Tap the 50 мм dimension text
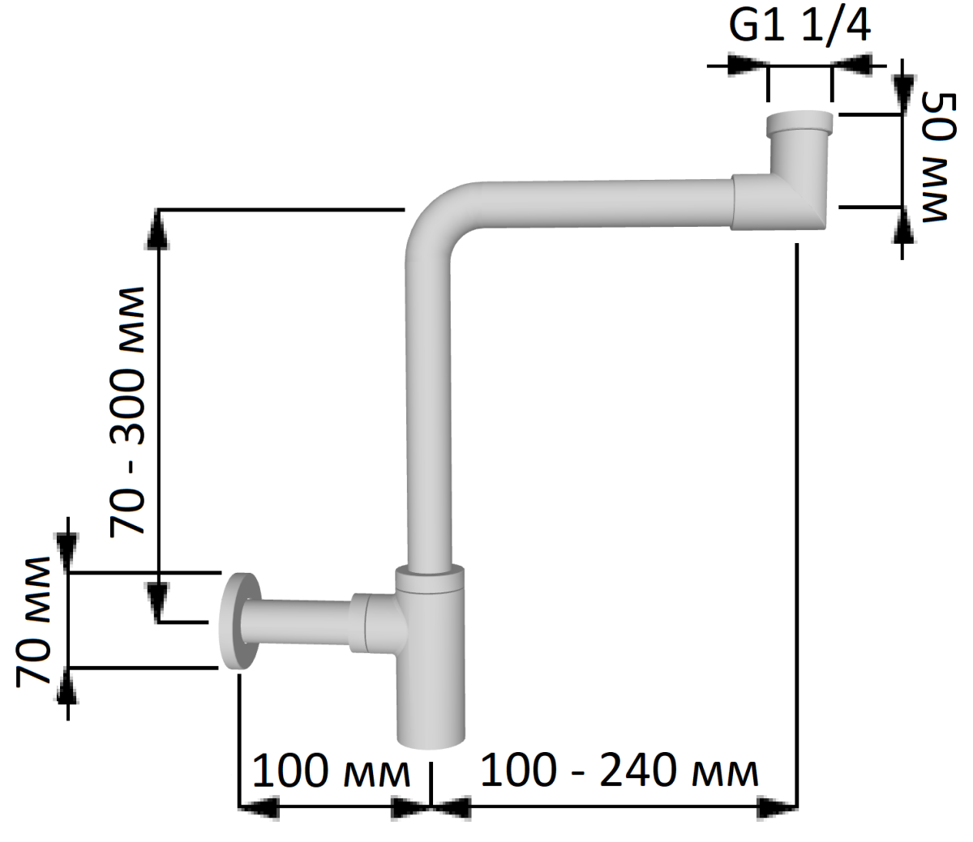939,157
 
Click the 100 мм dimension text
332,771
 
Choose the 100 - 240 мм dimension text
619,771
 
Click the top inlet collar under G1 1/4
799,123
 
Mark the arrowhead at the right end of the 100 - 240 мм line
777,808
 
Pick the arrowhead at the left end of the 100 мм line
259,808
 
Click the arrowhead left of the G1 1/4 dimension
748,66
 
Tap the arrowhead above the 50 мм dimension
902,94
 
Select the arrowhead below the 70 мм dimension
68,686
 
